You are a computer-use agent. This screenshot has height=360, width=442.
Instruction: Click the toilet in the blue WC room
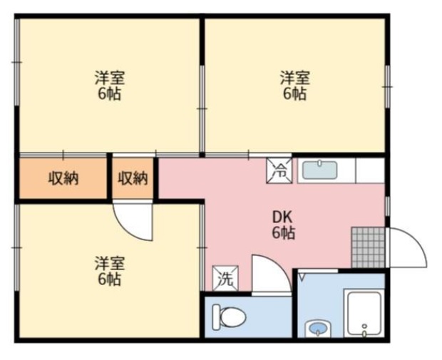click(229, 317)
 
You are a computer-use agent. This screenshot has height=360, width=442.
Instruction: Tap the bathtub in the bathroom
click(364, 313)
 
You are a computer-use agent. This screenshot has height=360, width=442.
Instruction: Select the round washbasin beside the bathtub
click(319, 328)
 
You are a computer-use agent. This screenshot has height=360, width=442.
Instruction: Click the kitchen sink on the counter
click(320, 170)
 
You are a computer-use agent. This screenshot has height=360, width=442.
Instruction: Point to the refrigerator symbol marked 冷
click(279, 170)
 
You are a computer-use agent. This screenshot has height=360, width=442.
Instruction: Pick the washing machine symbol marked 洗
click(225, 278)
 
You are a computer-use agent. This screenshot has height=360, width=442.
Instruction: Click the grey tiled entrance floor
click(368, 247)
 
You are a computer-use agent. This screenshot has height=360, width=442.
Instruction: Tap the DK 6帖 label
click(283, 225)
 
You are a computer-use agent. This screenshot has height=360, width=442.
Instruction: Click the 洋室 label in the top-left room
click(110, 78)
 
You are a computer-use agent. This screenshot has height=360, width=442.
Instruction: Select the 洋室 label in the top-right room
click(295, 78)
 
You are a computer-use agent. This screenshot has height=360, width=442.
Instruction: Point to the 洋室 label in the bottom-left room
click(110, 263)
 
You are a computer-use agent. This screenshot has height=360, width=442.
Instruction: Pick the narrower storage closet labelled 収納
click(133, 178)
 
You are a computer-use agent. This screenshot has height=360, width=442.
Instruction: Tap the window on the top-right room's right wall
click(388, 86)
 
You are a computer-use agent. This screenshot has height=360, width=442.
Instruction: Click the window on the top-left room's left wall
click(17, 62)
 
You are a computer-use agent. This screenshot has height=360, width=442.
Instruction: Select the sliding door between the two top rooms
click(202, 109)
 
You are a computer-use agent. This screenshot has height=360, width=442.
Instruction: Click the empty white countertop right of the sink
click(371, 170)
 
